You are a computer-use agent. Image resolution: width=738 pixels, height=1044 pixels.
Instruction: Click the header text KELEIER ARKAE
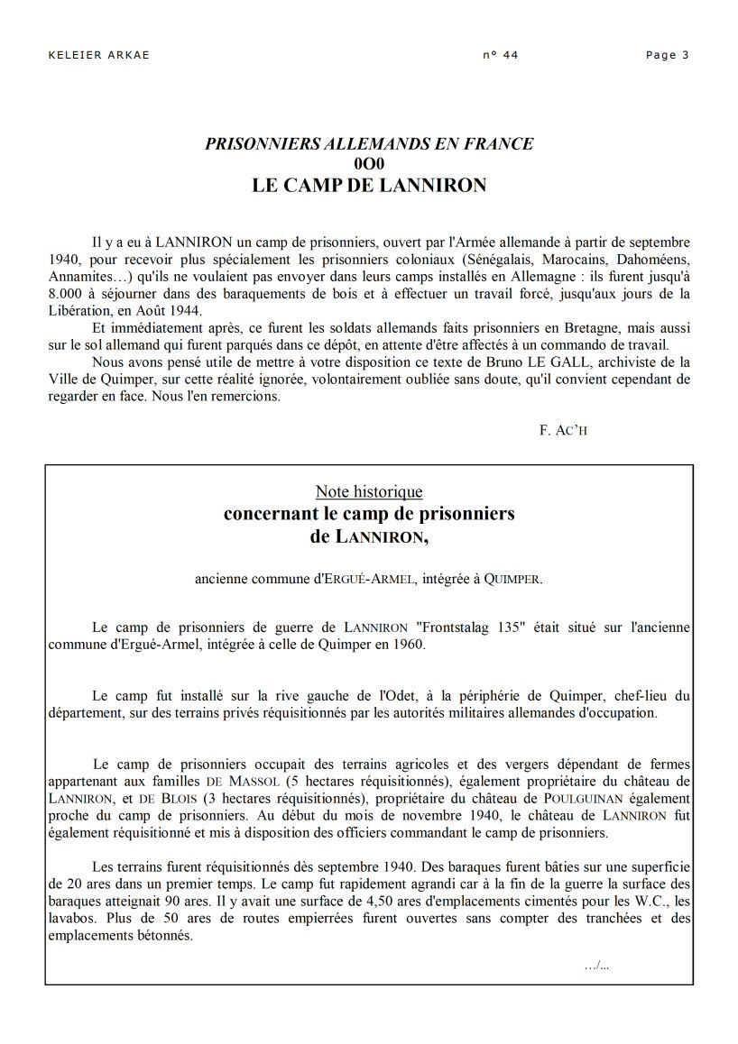98,55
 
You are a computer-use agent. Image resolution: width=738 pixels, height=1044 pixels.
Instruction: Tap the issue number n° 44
501,55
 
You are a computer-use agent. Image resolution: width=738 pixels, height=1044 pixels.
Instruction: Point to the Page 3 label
668,55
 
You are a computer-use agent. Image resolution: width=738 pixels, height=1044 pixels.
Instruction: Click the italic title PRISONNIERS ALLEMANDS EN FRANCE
369,143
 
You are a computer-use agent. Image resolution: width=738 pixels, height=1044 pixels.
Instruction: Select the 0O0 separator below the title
369,164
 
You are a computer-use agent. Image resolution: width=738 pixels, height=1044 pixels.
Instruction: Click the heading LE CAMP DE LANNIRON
369,187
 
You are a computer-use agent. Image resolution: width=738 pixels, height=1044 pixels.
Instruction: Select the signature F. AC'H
563,430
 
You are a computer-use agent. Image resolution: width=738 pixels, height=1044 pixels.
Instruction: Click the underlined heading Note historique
369,491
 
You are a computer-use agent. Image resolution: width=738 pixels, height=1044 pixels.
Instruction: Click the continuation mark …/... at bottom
596,966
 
